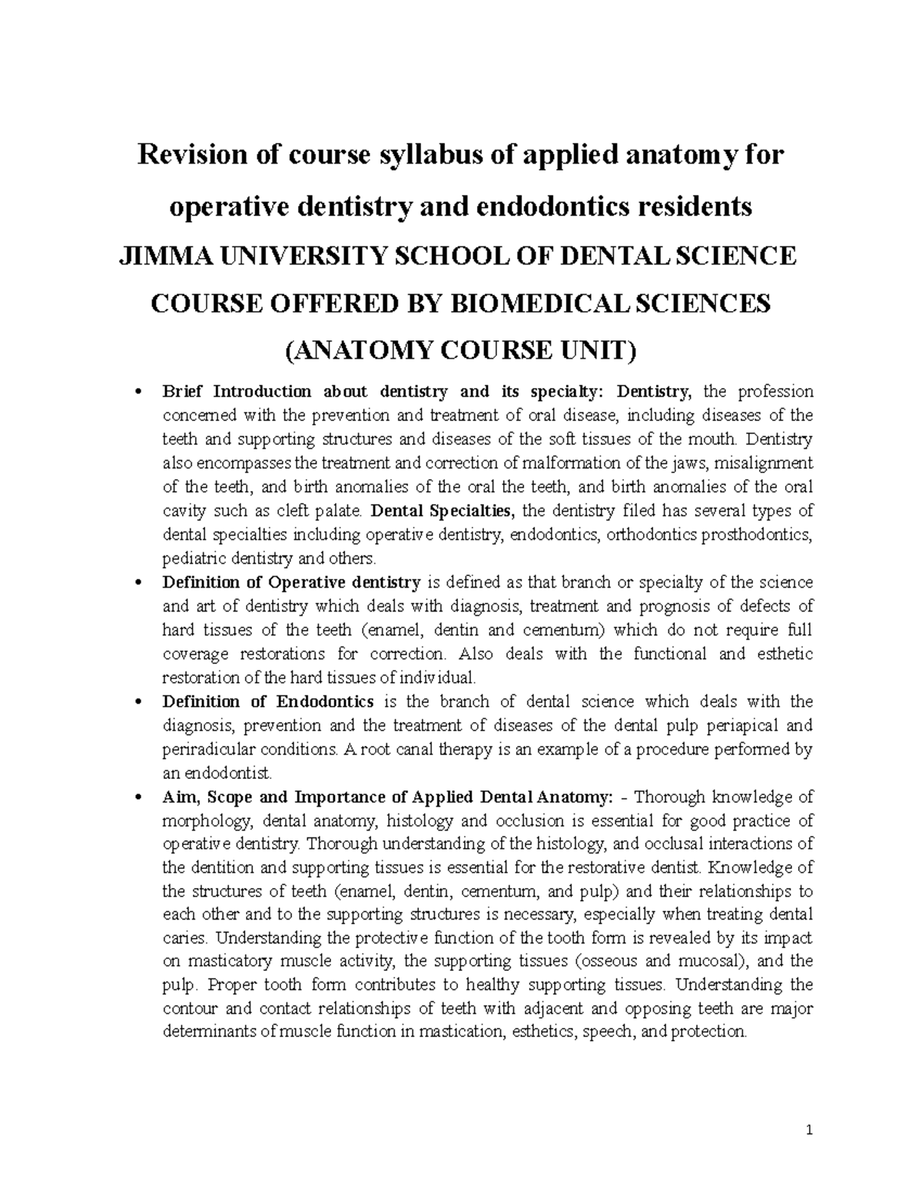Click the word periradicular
204,749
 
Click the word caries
185,939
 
